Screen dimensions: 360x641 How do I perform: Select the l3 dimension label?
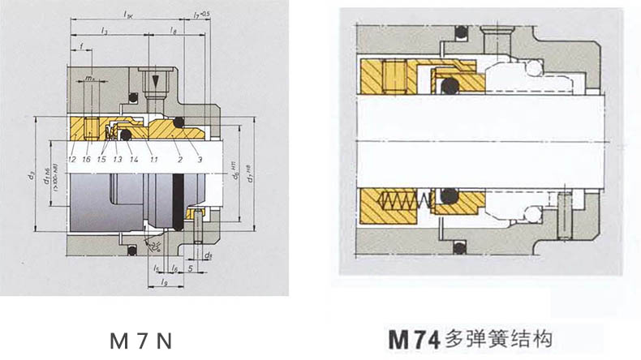pos(105,30)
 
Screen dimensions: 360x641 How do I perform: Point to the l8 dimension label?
pos(174,30)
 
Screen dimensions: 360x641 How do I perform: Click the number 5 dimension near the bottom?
pos(189,266)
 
